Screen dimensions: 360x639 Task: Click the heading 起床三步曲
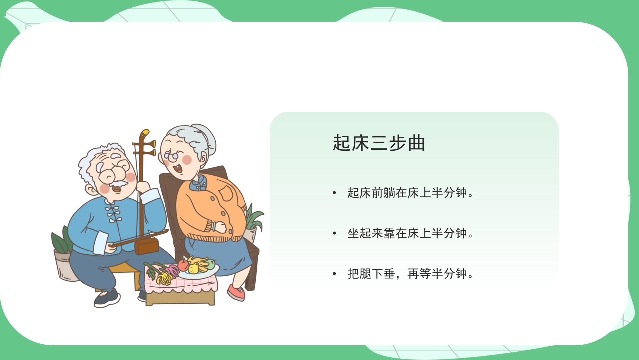point(379,143)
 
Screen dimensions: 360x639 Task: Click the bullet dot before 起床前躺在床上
point(335,193)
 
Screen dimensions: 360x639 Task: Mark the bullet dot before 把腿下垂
point(335,274)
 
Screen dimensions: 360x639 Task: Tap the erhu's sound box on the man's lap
point(147,246)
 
